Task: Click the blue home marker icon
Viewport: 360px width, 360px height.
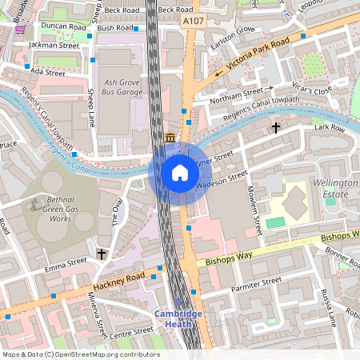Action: pos(180,173)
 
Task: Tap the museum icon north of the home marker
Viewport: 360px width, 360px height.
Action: pos(170,138)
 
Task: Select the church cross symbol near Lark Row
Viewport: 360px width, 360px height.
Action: pos(276,127)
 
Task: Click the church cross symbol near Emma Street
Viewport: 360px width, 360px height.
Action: pos(102,254)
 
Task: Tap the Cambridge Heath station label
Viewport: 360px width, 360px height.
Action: pos(179,319)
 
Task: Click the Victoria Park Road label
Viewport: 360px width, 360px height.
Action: pos(258,55)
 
